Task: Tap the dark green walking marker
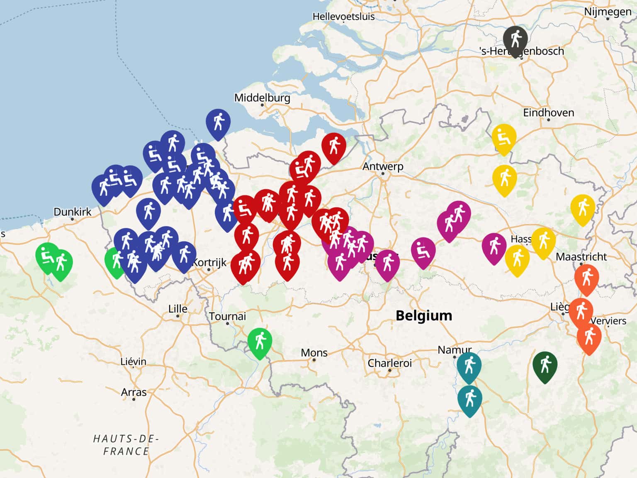pyautogui.click(x=545, y=365)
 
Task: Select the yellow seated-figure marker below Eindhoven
pyautogui.click(x=504, y=137)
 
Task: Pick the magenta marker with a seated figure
pyautogui.click(x=423, y=251)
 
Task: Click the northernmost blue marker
pyautogui.click(x=218, y=122)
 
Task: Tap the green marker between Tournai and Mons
pyautogui.click(x=260, y=341)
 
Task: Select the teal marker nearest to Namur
pyautogui.click(x=469, y=366)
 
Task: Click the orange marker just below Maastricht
pyautogui.click(x=586, y=278)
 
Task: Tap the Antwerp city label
pyautogui.click(x=383, y=166)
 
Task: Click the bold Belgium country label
pyautogui.click(x=423, y=315)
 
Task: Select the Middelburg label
pyautogui.click(x=262, y=98)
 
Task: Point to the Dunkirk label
pyautogui.click(x=73, y=212)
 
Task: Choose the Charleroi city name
pyautogui.click(x=389, y=363)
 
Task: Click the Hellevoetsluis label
pyautogui.click(x=343, y=17)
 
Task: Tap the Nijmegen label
pyautogui.click(x=608, y=12)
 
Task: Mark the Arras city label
pyautogui.click(x=134, y=392)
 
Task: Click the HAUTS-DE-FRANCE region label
pyautogui.click(x=126, y=445)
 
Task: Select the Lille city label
pyautogui.click(x=177, y=309)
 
